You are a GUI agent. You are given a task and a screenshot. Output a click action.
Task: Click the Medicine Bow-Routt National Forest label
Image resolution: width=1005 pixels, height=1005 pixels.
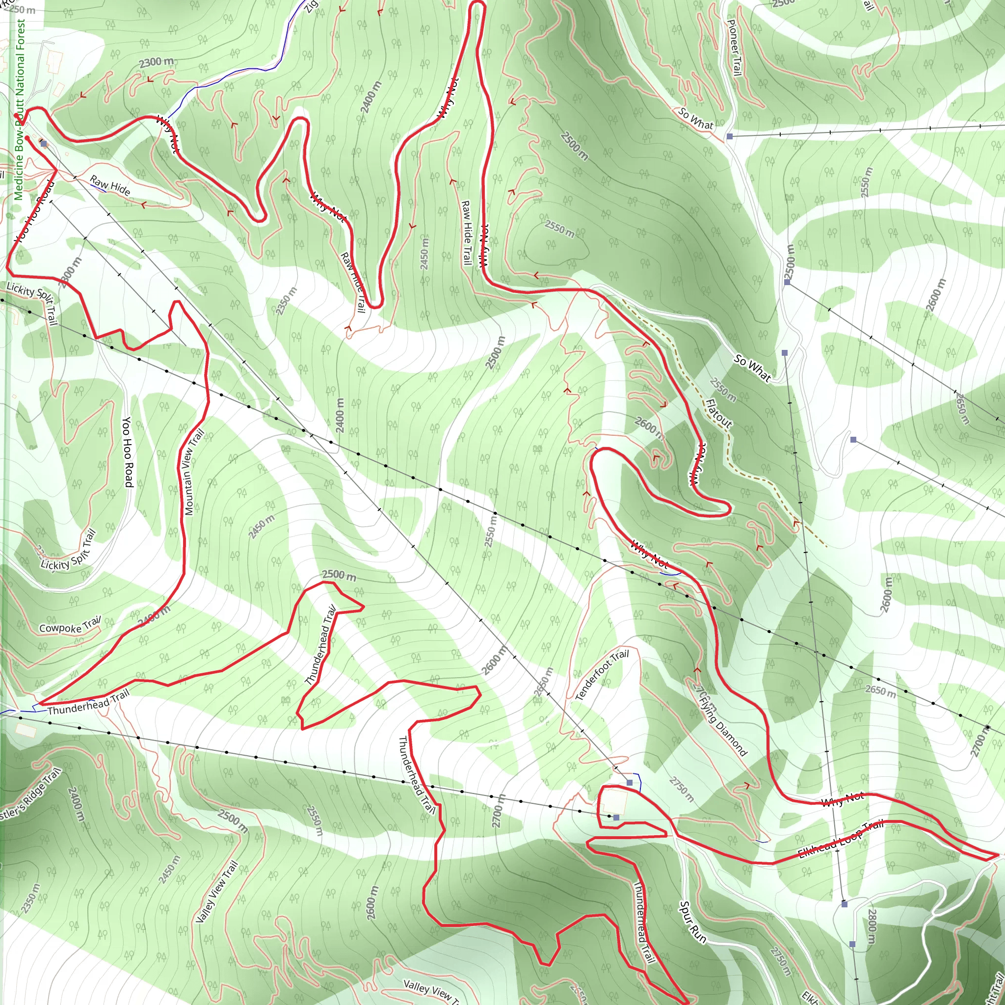tap(19, 109)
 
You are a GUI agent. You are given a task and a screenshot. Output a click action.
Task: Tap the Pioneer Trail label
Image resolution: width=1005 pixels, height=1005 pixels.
tap(734, 48)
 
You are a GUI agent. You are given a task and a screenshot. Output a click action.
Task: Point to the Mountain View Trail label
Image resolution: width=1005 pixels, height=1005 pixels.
tap(193, 472)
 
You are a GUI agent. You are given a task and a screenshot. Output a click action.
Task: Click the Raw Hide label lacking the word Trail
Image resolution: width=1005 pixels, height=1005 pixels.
tap(110, 185)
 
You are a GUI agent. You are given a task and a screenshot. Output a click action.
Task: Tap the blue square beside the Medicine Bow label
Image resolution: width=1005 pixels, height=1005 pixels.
tap(44, 144)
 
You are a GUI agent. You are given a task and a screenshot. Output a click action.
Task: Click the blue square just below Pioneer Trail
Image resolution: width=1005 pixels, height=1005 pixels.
tap(730, 136)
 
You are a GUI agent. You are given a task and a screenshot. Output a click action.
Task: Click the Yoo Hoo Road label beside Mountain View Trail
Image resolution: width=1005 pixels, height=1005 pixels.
tap(128, 452)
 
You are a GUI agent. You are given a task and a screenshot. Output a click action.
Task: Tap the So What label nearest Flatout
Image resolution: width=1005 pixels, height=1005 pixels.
tap(752, 367)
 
